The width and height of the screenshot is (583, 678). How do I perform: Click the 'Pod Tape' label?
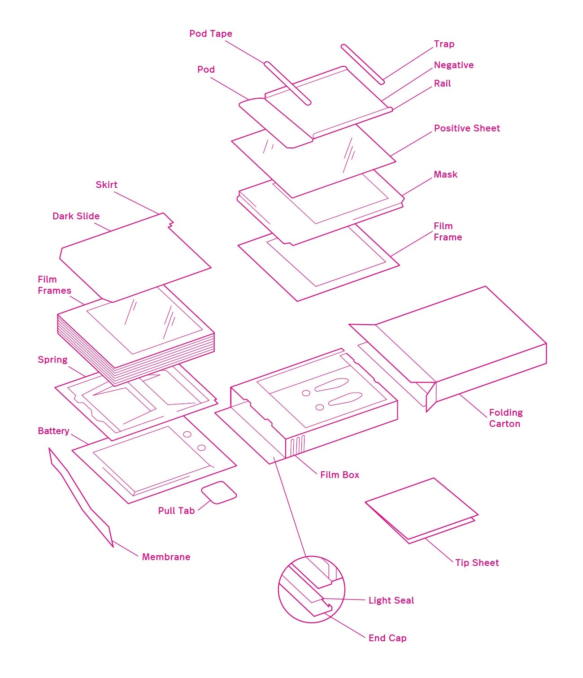pyautogui.click(x=210, y=34)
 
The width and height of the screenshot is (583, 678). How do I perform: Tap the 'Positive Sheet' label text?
pyautogui.click(x=466, y=128)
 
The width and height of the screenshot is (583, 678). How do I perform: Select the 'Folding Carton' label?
pyautogui.click(x=505, y=418)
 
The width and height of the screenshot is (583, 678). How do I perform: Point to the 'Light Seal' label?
pyautogui.click(x=391, y=600)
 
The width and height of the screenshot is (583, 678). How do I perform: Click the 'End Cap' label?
pyautogui.click(x=387, y=638)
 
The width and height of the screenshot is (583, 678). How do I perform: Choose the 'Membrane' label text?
pyautogui.click(x=166, y=557)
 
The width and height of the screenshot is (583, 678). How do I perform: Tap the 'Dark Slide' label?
pyautogui.click(x=76, y=216)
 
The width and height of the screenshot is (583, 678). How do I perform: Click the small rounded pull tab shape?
pyautogui.click(x=218, y=492)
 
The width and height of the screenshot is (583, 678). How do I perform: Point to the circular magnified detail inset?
pyautogui.click(x=311, y=589)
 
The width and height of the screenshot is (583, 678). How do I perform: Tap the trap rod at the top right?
pyautogui.click(x=362, y=64)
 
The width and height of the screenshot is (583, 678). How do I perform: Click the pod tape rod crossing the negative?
pyautogui.click(x=287, y=83)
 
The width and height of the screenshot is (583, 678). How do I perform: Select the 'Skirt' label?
pyautogui.click(x=106, y=185)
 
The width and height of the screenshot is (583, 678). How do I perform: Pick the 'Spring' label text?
pyautogui.click(x=52, y=360)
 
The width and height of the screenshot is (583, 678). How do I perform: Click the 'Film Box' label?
pyautogui.click(x=339, y=475)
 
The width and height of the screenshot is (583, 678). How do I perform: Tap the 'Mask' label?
pyautogui.click(x=445, y=174)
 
